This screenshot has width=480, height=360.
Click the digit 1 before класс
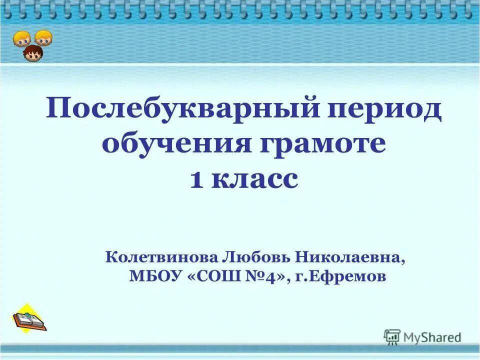point(197,179)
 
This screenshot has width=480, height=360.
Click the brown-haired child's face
point(33,52)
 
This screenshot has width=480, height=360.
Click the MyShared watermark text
point(433,337)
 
